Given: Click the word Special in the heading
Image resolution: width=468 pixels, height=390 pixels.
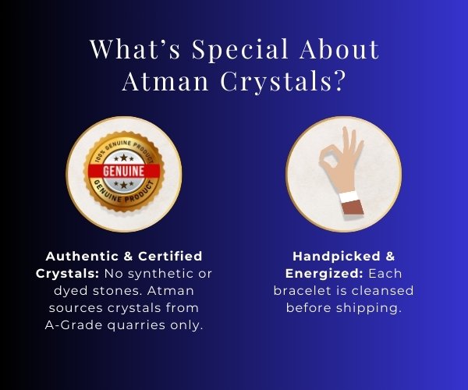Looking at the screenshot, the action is pyautogui.click(x=240, y=50).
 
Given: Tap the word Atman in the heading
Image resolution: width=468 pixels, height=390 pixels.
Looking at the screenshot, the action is pyautogui.click(x=165, y=81).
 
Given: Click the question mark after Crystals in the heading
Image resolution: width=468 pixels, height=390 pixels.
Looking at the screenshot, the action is pyautogui.click(x=339, y=81).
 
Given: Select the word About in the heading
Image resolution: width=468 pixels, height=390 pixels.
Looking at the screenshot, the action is pyautogui.click(x=339, y=48).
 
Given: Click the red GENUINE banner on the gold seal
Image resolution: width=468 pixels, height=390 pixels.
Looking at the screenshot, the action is pyautogui.click(x=124, y=172).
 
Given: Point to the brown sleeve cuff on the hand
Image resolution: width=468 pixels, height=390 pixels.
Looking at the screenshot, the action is pyautogui.click(x=353, y=207).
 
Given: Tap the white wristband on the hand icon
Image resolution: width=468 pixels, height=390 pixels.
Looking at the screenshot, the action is pyautogui.click(x=349, y=197).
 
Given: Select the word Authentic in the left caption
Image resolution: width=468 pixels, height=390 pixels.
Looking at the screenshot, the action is pyautogui.click(x=82, y=257).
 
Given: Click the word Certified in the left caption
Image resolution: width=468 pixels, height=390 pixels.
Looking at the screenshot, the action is pyautogui.click(x=170, y=257).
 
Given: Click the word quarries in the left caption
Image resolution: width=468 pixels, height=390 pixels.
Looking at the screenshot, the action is pyautogui.click(x=136, y=325).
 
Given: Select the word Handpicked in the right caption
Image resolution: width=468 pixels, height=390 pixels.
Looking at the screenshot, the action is pyautogui.click(x=336, y=257).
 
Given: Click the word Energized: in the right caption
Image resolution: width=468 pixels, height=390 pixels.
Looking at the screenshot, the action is pyautogui.click(x=324, y=274).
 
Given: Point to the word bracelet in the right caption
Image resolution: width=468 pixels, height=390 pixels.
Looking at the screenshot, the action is pyautogui.click(x=303, y=291).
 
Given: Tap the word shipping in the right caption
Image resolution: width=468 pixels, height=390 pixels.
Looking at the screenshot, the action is pyautogui.click(x=369, y=308).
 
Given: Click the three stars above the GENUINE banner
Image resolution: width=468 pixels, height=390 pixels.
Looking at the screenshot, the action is pyautogui.click(x=123, y=158).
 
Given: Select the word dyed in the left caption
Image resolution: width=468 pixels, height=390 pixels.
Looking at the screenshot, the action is pyautogui.click(x=71, y=291).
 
